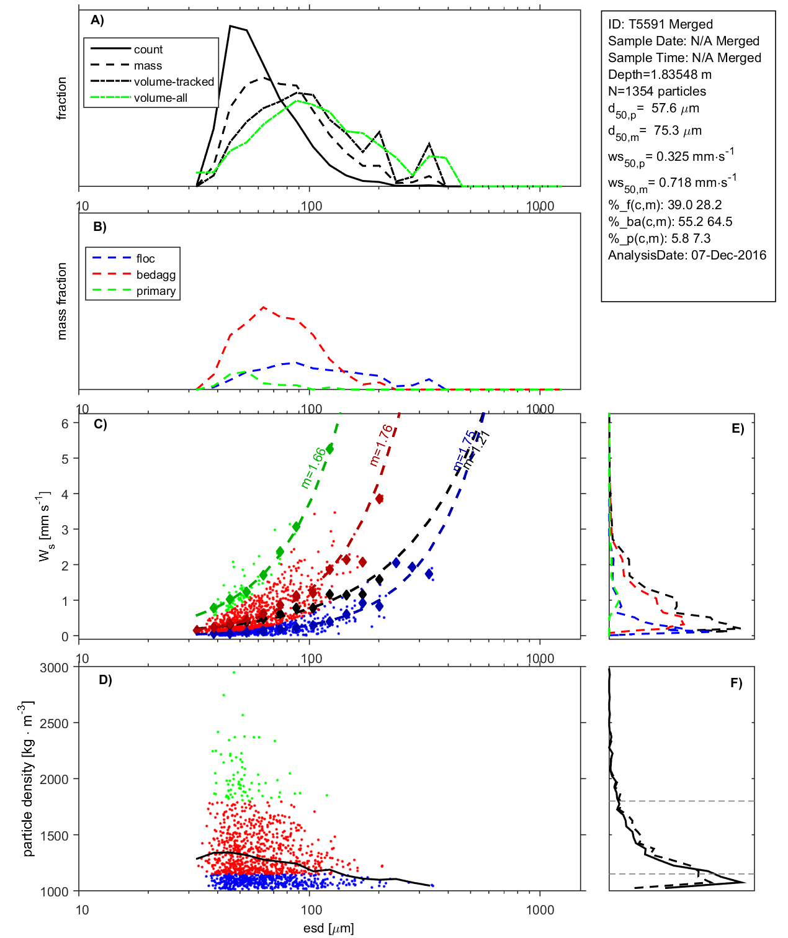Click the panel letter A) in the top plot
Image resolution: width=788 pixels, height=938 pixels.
[97, 20]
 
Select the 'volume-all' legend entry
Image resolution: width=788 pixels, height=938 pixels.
[160, 98]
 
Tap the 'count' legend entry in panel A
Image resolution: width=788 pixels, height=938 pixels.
[148, 50]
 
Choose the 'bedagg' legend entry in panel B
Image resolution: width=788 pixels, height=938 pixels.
[156, 275]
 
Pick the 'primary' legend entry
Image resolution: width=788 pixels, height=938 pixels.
[156, 291]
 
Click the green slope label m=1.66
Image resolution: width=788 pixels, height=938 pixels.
[313, 467]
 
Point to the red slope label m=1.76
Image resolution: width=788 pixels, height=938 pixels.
[381, 444]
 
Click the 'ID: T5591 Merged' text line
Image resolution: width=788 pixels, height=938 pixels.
[660, 24]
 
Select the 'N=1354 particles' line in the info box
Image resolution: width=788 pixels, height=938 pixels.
[656, 91]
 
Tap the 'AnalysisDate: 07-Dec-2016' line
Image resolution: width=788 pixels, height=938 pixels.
[687, 255]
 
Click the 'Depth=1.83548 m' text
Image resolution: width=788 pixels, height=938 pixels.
[660, 74]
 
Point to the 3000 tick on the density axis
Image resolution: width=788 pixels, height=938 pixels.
[54, 668]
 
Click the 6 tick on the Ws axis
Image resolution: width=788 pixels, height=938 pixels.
[65, 423]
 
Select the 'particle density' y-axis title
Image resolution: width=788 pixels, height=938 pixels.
[28, 779]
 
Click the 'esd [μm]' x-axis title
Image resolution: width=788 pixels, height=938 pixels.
[328, 929]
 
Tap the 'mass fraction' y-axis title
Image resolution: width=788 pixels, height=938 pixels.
[62, 301]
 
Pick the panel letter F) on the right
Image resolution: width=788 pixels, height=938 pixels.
[736, 683]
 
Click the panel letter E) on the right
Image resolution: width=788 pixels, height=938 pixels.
[737, 428]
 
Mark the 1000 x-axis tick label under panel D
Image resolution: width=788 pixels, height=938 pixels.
[540, 910]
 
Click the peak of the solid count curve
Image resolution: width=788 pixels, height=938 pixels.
[230, 26]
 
